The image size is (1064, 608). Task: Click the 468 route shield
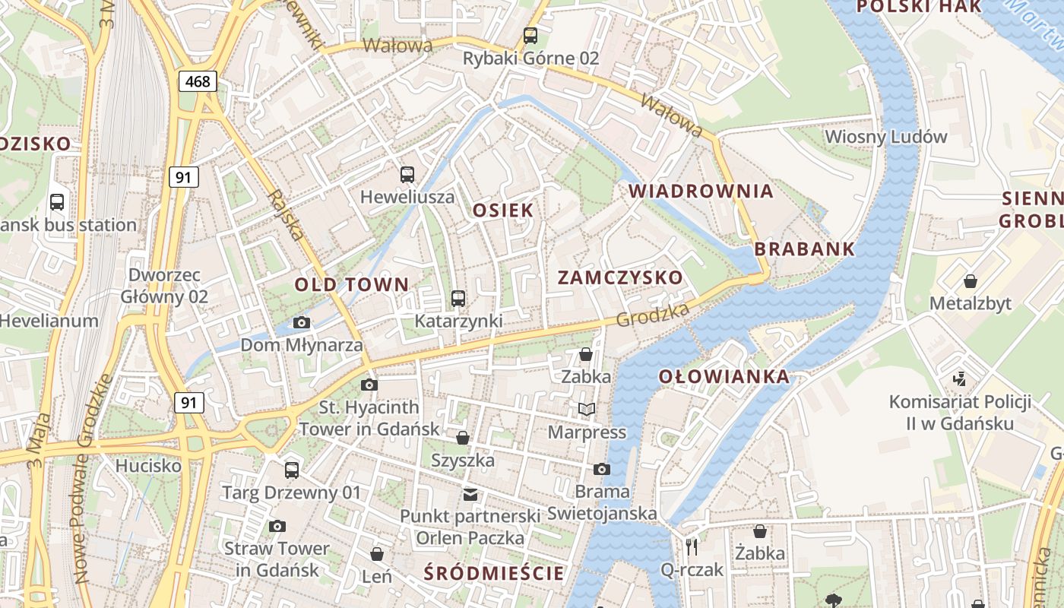pyautogui.click(x=198, y=81)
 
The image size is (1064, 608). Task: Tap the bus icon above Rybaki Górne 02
pyautogui.click(x=530, y=35)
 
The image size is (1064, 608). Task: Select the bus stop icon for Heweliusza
pyautogui.click(x=407, y=175)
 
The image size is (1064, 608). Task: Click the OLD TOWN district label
pyautogui.click(x=352, y=285)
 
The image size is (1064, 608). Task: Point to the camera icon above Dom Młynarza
pyautogui.click(x=302, y=322)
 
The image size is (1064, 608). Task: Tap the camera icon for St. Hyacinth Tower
pyautogui.click(x=369, y=385)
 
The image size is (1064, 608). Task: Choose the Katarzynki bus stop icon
pyautogui.click(x=458, y=299)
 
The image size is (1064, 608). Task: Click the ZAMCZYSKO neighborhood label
pyautogui.click(x=620, y=277)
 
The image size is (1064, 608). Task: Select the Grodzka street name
pyautogui.click(x=653, y=315)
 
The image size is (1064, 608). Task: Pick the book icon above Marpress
pyautogui.click(x=587, y=410)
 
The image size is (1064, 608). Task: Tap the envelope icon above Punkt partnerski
pyautogui.click(x=470, y=495)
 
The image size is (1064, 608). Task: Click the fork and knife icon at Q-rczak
pyautogui.click(x=692, y=546)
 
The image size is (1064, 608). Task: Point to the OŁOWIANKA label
pyautogui.click(x=724, y=377)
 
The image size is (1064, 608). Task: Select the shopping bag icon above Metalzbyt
pyautogui.click(x=971, y=281)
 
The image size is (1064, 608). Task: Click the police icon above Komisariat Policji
pyautogui.click(x=960, y=378)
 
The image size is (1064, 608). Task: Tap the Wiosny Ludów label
pyautogui.click(x=886, y=137)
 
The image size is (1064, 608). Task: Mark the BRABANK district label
pyautogui.click(x=804, y=249)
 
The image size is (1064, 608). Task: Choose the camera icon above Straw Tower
pyautogui.click(x=277, y=526)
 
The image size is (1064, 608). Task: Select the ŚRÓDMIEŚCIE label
pyautogui.click(x=495, y=573)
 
